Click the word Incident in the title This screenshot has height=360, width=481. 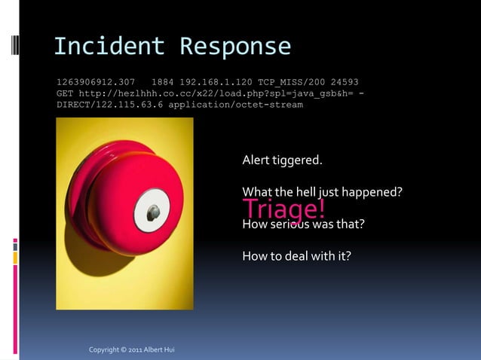(x=109, y=47)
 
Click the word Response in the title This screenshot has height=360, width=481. (x=235, y=47)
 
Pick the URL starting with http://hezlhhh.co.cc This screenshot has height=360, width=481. (x=204, y=93)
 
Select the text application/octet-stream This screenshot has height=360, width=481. (x=235, y=105)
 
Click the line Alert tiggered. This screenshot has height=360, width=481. (x=282, y=160)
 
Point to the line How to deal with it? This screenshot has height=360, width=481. (x=296, y=256)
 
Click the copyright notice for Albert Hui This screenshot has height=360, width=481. (x=132, y=350)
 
